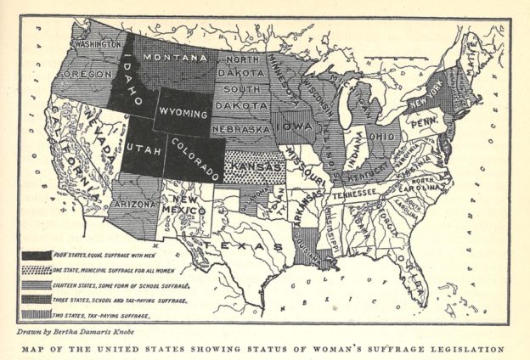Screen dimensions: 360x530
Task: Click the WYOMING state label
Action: tap(183, 113)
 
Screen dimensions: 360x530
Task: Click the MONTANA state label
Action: tap(175, 58)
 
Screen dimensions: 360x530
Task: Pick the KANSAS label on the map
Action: tap(252, 163)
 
